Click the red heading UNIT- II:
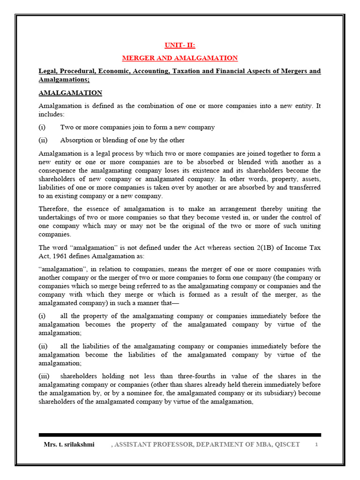(x=180, y=45)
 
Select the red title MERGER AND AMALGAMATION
(x=180, y=58)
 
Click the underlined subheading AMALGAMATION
(x=70, y=93)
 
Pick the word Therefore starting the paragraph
(x=55, y=209)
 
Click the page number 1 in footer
(x=316, y=444)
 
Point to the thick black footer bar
(x=180, y=435)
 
